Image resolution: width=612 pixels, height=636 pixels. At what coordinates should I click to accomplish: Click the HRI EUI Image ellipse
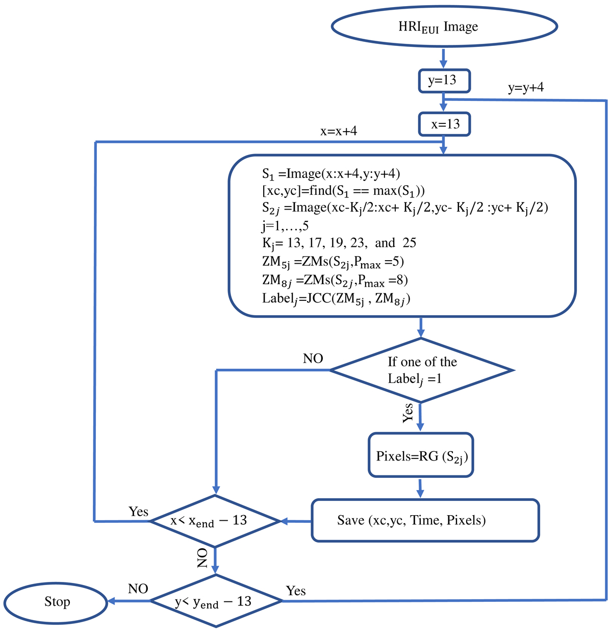tap(443, 27)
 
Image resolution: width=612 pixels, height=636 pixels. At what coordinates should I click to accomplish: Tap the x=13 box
tap(444, 124)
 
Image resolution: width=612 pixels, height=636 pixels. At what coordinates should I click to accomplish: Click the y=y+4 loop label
tap(526, 88)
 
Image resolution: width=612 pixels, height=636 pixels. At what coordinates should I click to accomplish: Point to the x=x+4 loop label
tap(339, 131)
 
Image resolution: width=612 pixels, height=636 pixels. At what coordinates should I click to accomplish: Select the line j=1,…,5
tap(286, 225)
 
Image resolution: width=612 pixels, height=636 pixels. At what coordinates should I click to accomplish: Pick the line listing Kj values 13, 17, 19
tap(339, 243)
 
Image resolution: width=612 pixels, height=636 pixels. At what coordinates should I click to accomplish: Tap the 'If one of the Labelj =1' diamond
tap(421, 370)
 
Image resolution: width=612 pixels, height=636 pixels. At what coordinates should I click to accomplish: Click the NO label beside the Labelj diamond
tap(313, 359)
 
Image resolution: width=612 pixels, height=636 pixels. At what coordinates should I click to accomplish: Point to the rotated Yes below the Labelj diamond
tap(407, 413)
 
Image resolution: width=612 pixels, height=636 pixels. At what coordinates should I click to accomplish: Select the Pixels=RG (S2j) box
tap(421, 455)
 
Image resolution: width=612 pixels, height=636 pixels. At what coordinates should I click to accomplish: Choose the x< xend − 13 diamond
tap(215, 521)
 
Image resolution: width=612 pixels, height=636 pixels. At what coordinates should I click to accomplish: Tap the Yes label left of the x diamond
tap(138, 512)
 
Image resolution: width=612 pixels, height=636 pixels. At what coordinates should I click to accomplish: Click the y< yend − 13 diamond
tap(216, 601)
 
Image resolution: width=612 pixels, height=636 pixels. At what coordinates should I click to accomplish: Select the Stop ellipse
tap(56, 602)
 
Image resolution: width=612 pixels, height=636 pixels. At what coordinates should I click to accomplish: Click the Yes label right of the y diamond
tap(296, 591)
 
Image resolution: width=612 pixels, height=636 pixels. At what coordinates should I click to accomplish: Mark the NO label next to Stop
tap(138, 589)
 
